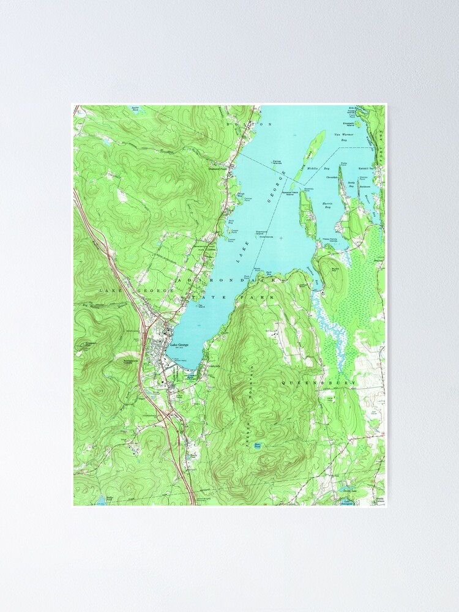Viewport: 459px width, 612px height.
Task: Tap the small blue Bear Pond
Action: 258,446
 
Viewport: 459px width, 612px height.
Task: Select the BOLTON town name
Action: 255,124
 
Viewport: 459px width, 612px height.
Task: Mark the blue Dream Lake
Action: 349,490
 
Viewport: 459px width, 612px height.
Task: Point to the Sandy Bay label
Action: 351,183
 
